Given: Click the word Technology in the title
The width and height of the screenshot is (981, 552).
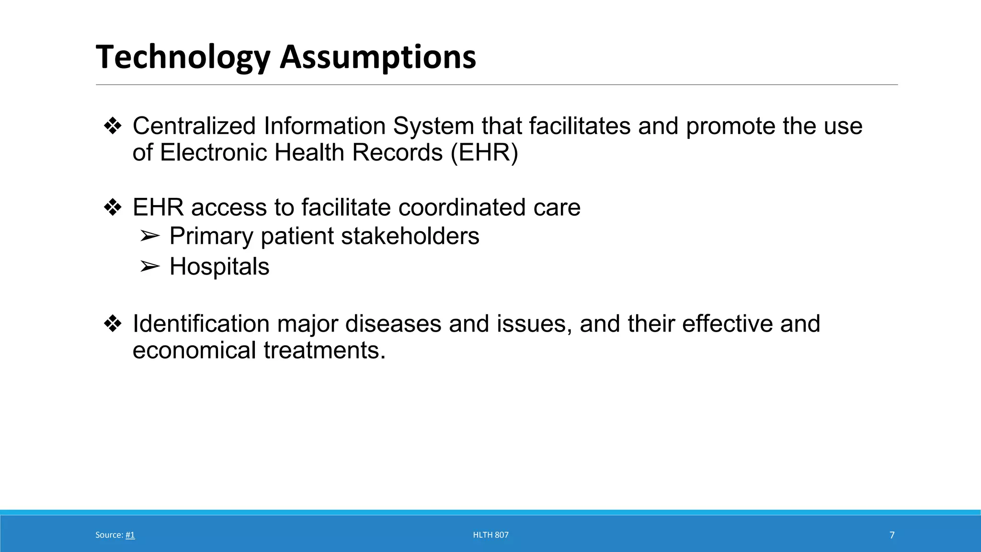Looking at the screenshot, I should click(x=183, y=57).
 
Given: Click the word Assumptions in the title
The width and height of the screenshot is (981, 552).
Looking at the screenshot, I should click(x=378, y=57).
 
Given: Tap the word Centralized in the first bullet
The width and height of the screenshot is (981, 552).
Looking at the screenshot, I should click(x=194, y=126).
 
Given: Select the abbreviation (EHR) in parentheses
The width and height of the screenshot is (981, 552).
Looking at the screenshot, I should click(x=484, y=153).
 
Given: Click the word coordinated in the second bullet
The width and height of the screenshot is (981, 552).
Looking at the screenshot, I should click(x=461, y=207).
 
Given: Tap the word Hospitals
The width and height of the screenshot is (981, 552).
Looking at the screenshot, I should click(x=219, y=266).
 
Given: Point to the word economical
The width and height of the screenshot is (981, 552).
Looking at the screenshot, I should click(x=194, y=350).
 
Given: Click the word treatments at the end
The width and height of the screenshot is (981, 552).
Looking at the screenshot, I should click(x=324, y=350).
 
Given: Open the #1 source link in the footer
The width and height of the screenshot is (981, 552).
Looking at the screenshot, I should click(x=130, y=535).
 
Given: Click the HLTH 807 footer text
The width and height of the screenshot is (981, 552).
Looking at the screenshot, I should click(x=490, y=535).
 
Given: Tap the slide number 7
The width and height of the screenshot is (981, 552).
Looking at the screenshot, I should click(x=892, y=535).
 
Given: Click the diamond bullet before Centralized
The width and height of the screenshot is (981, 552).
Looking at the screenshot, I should click(x=113, y=126).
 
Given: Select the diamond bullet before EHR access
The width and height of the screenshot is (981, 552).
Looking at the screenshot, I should click(x=113, y=208).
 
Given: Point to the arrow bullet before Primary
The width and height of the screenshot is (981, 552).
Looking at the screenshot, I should click(x=149, y=236).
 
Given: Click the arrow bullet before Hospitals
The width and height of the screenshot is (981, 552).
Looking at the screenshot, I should click(x=149, y=267).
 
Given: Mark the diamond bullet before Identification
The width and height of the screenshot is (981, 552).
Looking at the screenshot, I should click(x=113, y=324).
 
